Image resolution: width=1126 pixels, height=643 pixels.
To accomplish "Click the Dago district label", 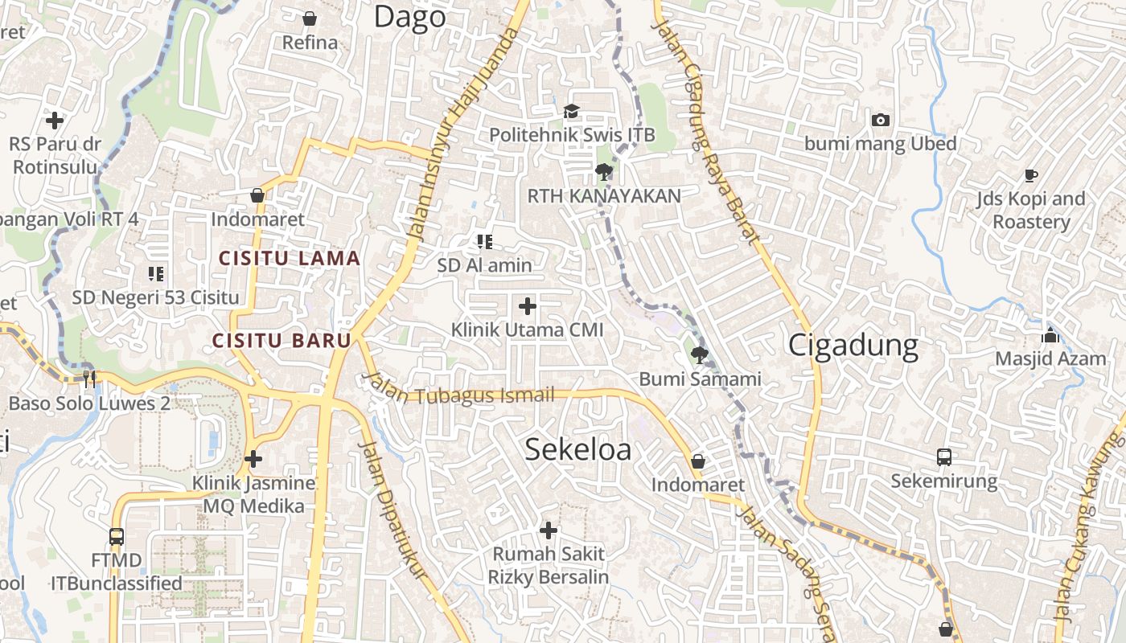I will click(x=409, y=17).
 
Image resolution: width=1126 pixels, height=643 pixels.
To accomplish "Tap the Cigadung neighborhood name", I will click(x=853, y=345).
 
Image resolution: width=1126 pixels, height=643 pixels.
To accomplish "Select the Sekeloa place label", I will click(x=577, y=449).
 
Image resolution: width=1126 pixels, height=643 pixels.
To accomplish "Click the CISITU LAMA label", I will click(x=290, y=258).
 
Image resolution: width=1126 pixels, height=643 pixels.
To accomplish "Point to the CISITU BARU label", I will click(x=281, y=340).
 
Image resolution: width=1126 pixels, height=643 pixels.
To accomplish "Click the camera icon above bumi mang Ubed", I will click(x=881, y=120).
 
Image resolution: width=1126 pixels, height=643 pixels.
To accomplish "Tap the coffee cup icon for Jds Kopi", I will click(x=1030, y=174).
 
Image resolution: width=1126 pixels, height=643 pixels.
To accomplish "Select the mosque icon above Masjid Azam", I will click(x=1050, y=335).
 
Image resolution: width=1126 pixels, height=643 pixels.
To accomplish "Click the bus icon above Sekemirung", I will click(x=944, y=457).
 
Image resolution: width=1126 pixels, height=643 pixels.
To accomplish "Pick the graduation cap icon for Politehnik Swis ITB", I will click(x=571, y=111).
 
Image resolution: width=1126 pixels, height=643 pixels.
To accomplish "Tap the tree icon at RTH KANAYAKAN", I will click(x=603, y=171).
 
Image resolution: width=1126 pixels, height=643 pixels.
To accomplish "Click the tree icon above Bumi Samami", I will click(x=700, y=354).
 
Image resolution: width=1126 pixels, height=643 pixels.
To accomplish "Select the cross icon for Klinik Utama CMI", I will click(x=528, y=306).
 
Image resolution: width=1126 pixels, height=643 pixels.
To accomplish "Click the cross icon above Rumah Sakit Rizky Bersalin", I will click(x=549, y=530).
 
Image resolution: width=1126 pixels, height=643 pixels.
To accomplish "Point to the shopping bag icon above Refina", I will click(x=310, y=18).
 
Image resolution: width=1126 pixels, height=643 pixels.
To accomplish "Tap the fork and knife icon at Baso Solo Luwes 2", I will click(x=89, y=379).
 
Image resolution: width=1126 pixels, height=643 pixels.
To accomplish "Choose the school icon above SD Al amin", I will click(x=484, y=241).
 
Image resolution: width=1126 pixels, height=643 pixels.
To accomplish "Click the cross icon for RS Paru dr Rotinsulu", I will click(x=55, y=121).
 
